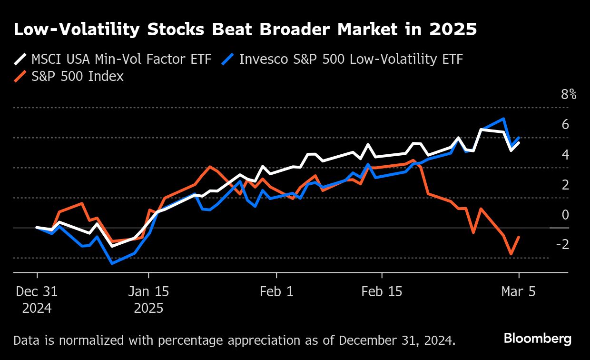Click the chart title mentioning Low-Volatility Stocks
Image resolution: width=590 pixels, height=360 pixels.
pos(245,30)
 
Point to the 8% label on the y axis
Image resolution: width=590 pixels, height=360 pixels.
pos(569,94)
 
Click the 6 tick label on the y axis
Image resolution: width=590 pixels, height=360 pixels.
pos(565,125)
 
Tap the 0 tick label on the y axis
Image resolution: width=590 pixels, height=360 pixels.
pos(565,215)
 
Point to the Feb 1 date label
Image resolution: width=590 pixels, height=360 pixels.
pos(276,291)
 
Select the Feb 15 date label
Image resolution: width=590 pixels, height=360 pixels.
pos(382,291)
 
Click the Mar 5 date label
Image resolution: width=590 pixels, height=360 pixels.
pos(518,291)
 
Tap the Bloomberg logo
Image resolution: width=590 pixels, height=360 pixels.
pos(538,339)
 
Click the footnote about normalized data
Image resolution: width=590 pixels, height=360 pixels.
pos(235,340)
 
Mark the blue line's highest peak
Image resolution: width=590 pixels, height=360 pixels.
pos(503,119)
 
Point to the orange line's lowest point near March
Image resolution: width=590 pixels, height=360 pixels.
pos(511,254)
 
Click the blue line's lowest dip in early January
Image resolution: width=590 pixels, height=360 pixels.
pos(112,263)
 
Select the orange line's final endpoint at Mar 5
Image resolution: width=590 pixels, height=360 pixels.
pos(519,237)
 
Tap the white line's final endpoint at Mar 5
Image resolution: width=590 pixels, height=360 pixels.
pos(519,142)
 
